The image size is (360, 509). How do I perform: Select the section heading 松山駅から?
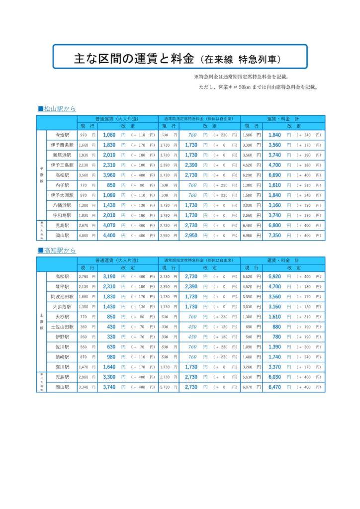coord(60,108)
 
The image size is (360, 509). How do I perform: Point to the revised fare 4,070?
coord(109,225)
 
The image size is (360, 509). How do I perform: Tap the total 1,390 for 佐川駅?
coord(275,346)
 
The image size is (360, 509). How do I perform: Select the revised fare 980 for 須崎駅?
coord(111,356)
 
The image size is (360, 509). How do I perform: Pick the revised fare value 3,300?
coord(109,377)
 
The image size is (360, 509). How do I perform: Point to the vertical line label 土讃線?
coord(42,321)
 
